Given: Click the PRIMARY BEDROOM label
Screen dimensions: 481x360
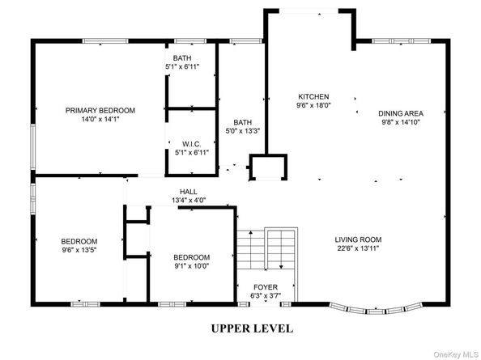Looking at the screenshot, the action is pos(100,110).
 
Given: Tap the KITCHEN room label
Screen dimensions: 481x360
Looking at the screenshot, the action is pos(313,97).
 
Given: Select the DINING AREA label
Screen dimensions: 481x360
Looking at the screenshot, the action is pos(401,114).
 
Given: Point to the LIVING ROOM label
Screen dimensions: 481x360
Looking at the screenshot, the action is pos(358,239).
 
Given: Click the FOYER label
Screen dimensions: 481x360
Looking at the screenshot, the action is pos(266,287).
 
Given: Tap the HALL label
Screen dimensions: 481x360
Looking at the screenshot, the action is pos(189,192).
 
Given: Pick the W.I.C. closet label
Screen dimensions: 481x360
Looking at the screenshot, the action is pos(192,144).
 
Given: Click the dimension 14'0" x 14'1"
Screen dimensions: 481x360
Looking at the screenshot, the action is pos(100,119).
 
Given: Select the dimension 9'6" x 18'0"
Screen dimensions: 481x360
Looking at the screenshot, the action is pos(313,105).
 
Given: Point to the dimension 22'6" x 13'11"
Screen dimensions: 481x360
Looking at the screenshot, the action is pos(358,248).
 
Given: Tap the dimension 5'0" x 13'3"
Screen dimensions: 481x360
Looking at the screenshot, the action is pos(243,131).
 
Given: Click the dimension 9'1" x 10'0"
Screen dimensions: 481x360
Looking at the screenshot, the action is pos(192,266).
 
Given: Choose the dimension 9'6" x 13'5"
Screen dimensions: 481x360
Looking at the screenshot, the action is pos(79,250).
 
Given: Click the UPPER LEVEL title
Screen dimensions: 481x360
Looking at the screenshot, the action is pos(252,328).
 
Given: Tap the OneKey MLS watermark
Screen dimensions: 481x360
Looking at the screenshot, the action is pos(456,354).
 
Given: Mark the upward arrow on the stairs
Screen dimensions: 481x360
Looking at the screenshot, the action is pos(251,249).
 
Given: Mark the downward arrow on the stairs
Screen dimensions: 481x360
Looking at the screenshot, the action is pos(281,250).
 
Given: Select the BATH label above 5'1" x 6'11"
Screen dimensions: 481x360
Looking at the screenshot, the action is pos(182,58).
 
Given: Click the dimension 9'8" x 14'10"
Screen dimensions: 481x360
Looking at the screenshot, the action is pos(401,122).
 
